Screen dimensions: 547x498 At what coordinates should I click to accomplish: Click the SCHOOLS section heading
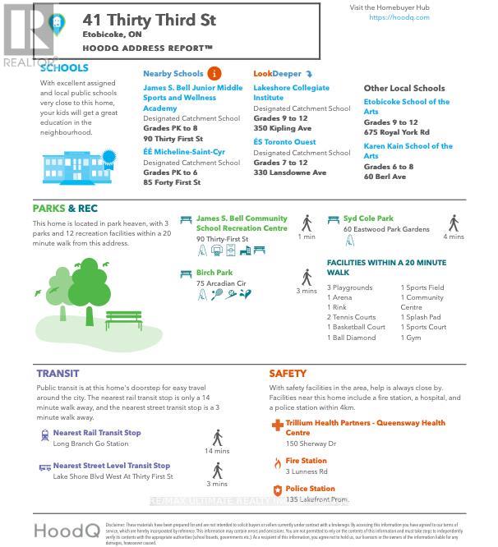[64, 68]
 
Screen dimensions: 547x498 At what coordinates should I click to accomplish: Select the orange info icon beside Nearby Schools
[214, 73]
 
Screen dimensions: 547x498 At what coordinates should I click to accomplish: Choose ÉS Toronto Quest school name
[284, 141]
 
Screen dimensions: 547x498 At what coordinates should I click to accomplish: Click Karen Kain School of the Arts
[408, 150]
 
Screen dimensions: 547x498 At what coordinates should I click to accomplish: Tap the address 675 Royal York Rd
[396, 132]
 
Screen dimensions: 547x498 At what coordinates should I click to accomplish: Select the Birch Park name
[214, 273]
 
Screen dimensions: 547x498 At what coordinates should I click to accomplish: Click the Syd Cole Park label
[369, 218]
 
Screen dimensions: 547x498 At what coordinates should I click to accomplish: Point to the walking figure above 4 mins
[454, 223]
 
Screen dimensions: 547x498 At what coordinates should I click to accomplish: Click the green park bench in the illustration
[123, 317]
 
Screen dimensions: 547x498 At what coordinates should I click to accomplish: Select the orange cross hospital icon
[277, 425]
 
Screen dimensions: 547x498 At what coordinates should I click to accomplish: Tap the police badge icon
[277, 490]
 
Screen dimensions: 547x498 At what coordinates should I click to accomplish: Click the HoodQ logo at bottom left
[67, 529]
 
